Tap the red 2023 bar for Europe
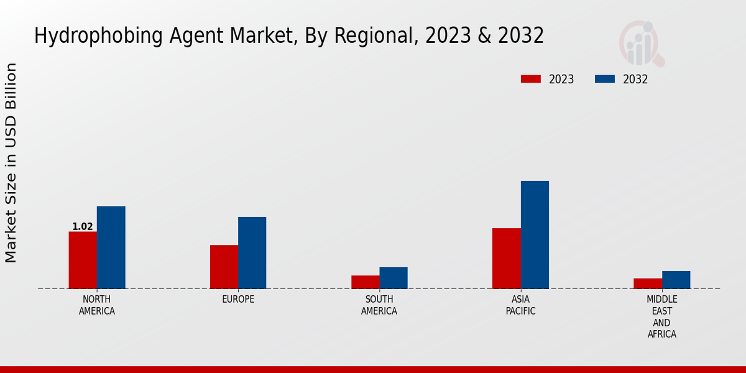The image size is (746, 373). [x=224, y=267]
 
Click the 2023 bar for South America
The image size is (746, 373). [x=365, y=282]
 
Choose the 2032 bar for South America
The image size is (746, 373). [x=394, y=278]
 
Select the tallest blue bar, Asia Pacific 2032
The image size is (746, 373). [x=535, y=234]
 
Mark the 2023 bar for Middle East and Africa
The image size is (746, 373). [x=648, y=283]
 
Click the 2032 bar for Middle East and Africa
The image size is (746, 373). [x=676, y=280]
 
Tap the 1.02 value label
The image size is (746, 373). [x=83, y=226]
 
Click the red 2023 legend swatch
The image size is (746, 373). [x=531, y=79]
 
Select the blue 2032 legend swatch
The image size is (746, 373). [x=605, y=79]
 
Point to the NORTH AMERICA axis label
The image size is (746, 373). [x=97, y=305]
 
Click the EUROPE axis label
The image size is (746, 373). [x=238, y=300]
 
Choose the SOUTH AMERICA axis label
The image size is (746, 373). [x=379, y=305]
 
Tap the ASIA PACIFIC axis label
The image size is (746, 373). [x=520, y=305]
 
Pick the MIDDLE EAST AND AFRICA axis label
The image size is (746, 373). [x=661, y=317]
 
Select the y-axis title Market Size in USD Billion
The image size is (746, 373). [x=11, y=163]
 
